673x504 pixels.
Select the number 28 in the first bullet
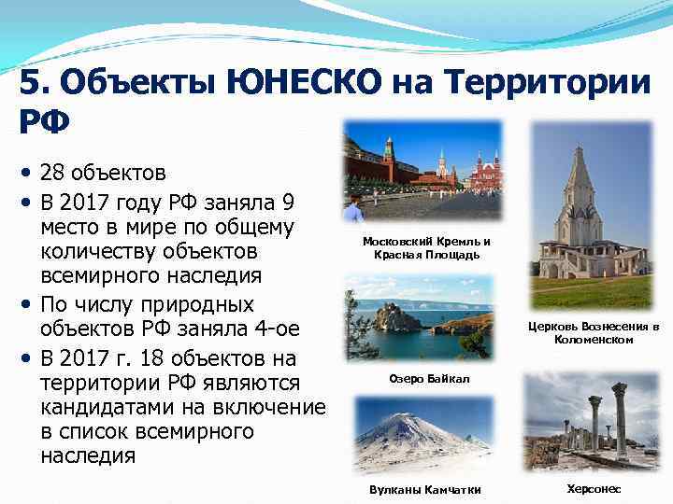pos(55,174)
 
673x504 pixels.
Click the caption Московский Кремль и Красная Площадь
pos(426,248)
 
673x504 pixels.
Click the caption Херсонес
pos(594,489)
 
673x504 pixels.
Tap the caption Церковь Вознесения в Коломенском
pos(594,333)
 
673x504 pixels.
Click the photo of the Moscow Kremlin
pos(422,170)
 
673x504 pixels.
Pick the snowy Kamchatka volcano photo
pos(423,433)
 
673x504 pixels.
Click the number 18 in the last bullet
pos(151,358)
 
